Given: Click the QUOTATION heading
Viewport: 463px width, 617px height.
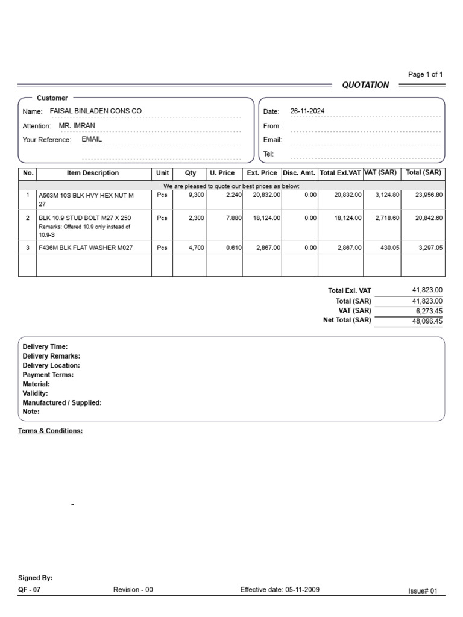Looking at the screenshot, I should pos(365,85).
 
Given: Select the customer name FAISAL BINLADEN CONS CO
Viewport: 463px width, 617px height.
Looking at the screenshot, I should pos(96,111).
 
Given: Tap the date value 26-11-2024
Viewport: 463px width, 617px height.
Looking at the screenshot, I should pos(307,111).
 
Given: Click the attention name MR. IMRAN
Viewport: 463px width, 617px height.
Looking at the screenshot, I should pos(77,125).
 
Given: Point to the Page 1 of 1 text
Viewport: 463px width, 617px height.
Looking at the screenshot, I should pos(426,75).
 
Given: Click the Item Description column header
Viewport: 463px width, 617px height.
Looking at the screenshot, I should pos(93,173).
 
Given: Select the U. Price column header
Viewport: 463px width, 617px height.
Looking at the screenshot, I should pos(222,173).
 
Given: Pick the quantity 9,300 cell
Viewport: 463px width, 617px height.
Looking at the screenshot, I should pos(196,195).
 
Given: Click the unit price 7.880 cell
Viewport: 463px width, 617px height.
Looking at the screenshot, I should pos(234,218).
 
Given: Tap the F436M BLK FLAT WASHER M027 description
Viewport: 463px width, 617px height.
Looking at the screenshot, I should pos(86,248).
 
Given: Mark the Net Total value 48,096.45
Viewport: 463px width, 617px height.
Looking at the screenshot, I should pos(426,321).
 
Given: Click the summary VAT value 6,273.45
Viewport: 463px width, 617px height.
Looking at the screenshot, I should pos(429,311).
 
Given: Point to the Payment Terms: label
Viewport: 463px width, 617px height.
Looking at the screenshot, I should pos(48,375).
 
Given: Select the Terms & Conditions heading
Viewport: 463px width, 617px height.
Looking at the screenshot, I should pos(51,431).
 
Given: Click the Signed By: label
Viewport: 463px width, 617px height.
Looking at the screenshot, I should pos(36,578).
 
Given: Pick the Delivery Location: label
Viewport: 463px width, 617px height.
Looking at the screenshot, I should pos(51,365).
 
